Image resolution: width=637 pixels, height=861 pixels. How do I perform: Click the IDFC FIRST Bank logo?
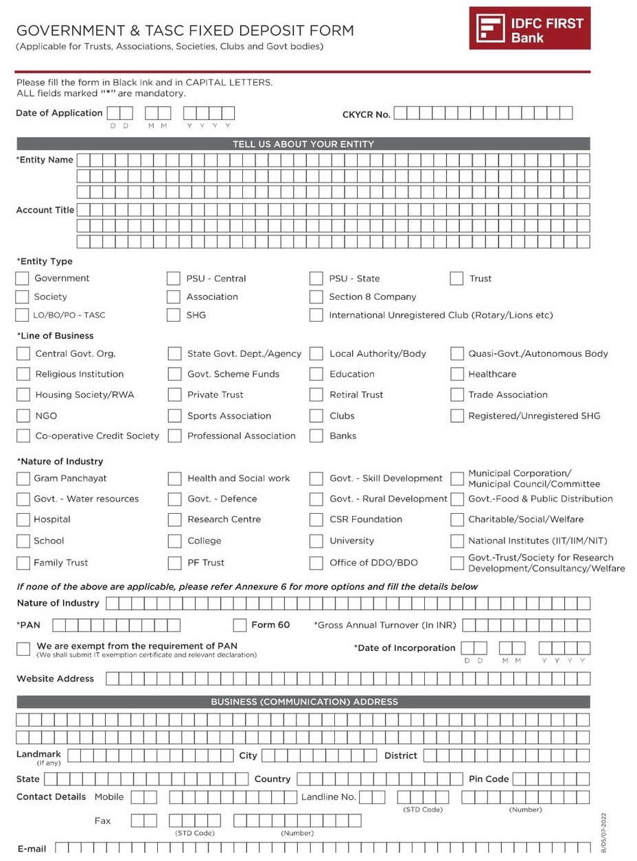click(x=529, y=28)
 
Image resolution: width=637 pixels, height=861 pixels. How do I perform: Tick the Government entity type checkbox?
click(x=23, y=279)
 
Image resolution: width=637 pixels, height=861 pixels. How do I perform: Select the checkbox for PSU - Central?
click(x=174, y=279)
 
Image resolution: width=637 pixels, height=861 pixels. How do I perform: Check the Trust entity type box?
click(x=456, y=279)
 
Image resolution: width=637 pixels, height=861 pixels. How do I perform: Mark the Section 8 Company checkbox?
click(x=316, y=297)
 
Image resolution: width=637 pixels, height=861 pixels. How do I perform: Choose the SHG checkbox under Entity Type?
click(x=174, y=316)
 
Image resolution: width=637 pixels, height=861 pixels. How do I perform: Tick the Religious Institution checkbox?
click(x=23, y=375)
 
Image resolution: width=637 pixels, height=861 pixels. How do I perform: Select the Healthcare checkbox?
click(x=456, y=375)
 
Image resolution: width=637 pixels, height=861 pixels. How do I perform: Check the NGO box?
click(x=23, y=416)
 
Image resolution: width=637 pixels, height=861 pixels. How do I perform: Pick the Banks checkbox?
click(x=316, y=436)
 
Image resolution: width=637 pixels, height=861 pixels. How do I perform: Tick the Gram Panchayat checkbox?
click(x=23, y=479)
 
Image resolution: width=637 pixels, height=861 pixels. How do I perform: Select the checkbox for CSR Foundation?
click(x=316, y=520)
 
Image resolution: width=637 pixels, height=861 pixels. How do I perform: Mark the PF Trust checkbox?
click(x=174, y=563)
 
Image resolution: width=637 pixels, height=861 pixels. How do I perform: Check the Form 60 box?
click(x=240, y=625)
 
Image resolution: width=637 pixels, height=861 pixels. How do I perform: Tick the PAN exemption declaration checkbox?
click(x=23, y=649)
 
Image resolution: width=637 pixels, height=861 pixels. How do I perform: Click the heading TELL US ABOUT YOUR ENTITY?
click(x=303, y=144)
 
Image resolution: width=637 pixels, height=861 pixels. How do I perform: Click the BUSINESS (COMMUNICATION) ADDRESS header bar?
click(x=303, y=702)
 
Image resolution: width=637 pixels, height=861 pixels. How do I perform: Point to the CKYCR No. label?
click(x=366, y=115)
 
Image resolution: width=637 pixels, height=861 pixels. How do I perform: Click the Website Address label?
click(x=55, y=679)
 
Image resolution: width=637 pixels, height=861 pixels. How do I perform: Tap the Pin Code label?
click(x=488, y=779)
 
